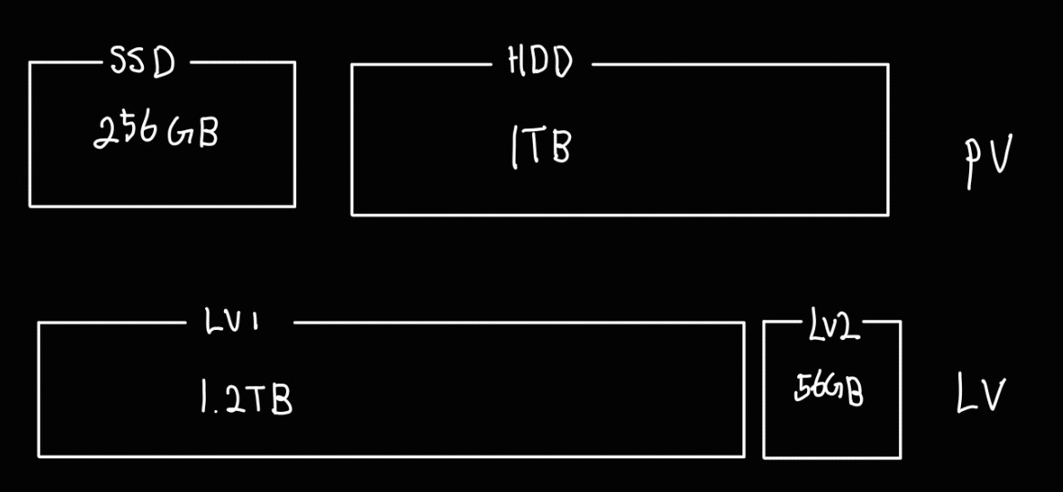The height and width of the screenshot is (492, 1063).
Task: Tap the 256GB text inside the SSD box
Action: [156, 133]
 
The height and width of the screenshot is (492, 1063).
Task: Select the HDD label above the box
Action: [539, 63]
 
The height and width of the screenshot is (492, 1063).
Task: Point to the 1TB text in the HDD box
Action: [541, 147]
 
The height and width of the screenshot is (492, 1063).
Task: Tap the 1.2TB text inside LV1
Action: [246, 398]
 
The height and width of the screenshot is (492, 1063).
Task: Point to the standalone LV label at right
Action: [980, 395]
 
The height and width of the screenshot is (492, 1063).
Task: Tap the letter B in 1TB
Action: [559, 148]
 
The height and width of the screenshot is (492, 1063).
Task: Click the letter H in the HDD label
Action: [516, 62]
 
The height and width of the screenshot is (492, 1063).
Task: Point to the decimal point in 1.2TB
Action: [215, 410]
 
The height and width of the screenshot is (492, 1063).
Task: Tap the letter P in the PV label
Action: [972, 164]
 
